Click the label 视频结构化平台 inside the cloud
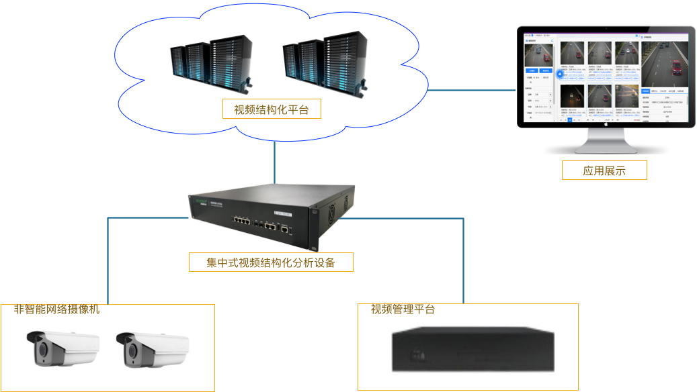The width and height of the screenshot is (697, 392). click(272, 109)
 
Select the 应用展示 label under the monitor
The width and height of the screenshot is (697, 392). click(604, 170)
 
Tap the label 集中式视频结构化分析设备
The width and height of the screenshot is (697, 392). click(271, 262)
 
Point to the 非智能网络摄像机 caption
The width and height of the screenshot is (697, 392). click(56, 309)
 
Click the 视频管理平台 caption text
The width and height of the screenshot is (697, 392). click(403, 309)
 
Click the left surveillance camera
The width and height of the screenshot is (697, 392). click(62, 350)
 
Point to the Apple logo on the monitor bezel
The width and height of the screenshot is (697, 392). click(606, 124)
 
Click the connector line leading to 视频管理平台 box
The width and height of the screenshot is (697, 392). click(464, 258)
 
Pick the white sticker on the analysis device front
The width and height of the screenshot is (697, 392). click(283, 214)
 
